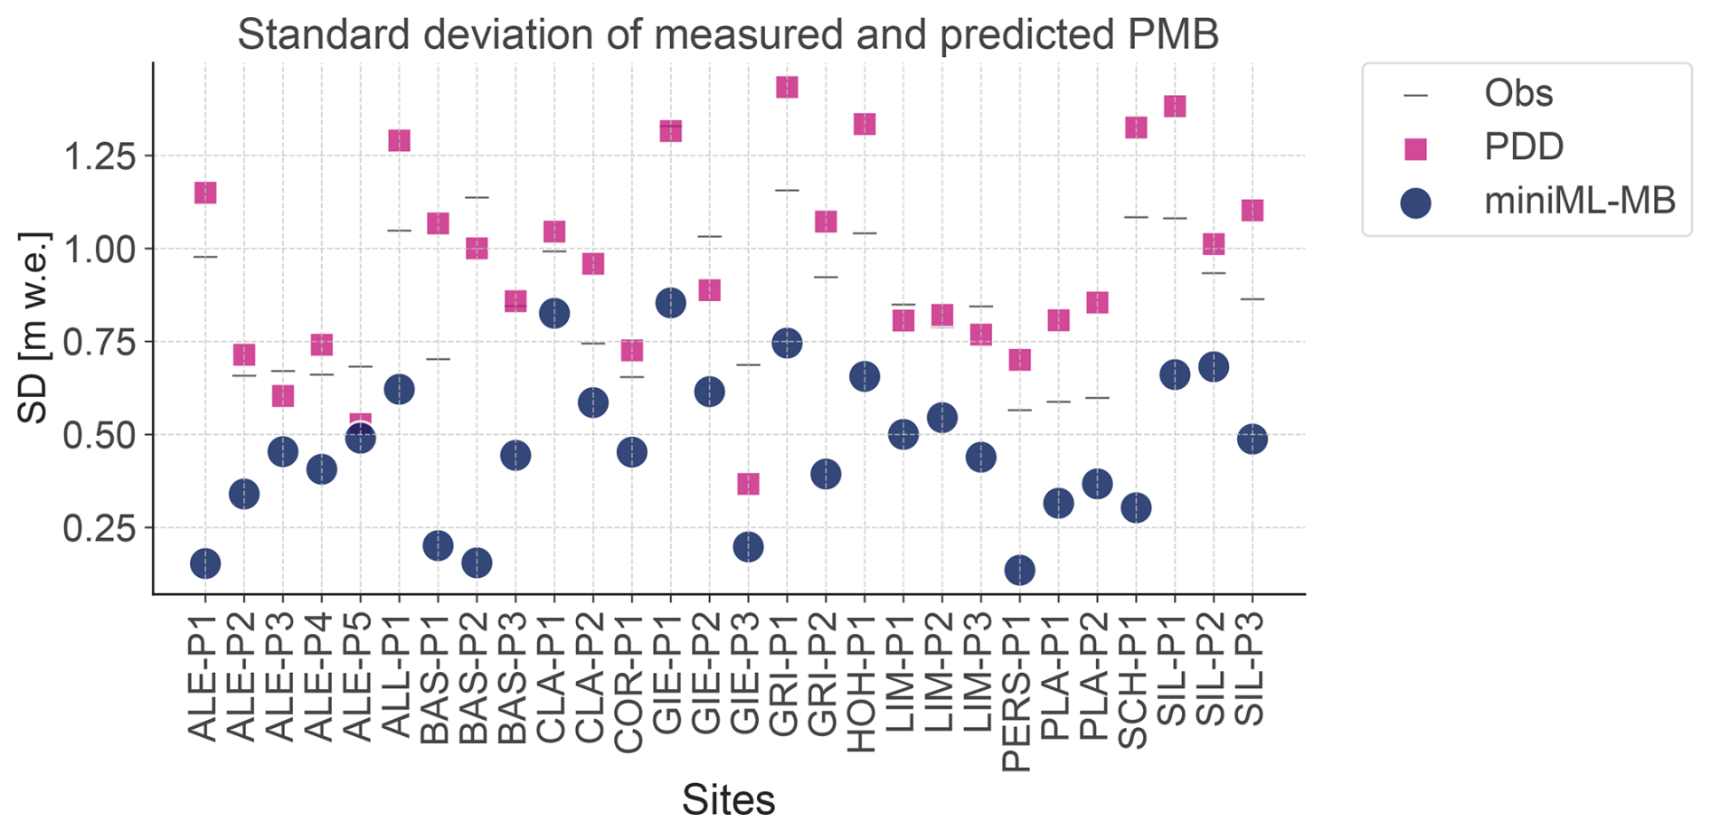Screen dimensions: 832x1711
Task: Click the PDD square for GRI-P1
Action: [787, 87]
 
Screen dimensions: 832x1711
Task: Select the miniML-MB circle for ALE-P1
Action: [205, 563]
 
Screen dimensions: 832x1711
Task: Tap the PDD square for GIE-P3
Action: [748, 484]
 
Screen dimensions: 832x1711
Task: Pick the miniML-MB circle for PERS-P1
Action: [1019, 570]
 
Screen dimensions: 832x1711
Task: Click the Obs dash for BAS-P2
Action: [477, 197]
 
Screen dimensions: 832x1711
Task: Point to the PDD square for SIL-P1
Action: [1175, 106]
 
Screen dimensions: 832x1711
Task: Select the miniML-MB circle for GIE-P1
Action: [670, 303]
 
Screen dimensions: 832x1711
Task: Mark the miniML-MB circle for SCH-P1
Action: [1136, 507]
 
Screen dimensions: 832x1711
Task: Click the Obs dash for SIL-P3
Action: [1253, 299]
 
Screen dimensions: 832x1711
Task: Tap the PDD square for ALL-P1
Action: [399, 140]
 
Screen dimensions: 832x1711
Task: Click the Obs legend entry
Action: [1518, 93]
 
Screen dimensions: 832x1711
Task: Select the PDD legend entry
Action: [1524, 147]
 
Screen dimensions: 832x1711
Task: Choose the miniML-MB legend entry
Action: [1579, 200]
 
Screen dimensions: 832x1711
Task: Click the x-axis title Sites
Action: [728, 800]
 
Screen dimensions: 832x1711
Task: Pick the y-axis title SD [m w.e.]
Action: [34, 328]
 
